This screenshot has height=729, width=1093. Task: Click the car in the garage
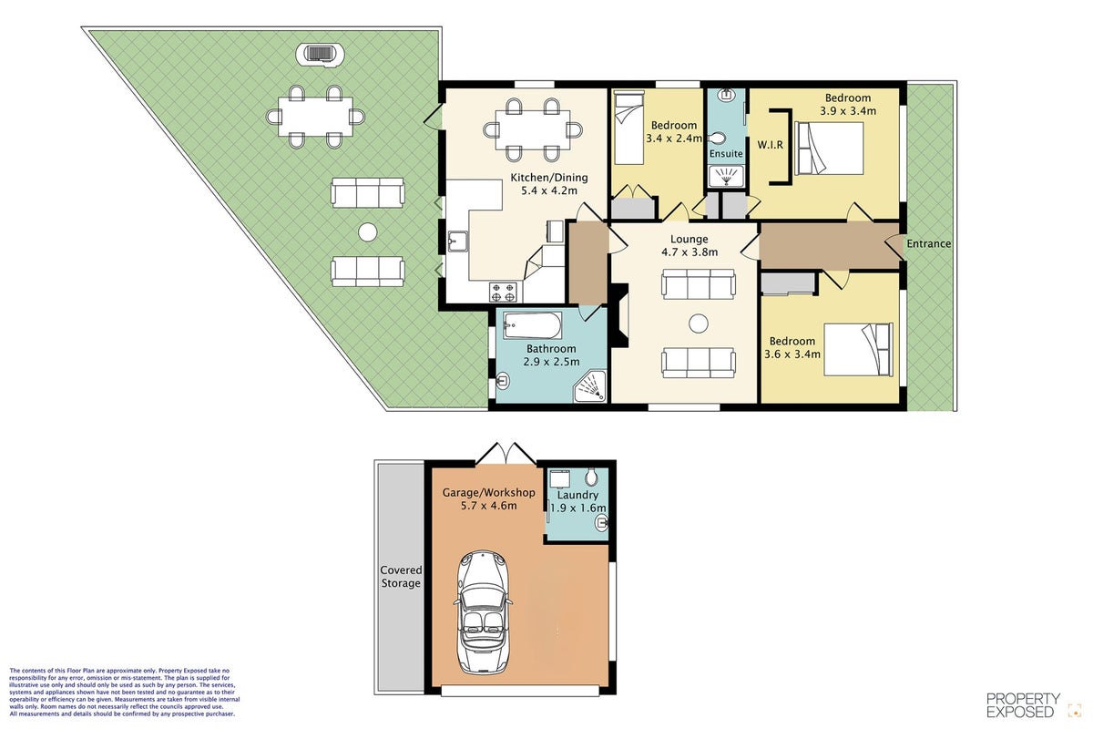coord(484,612)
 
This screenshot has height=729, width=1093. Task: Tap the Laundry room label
coord(577,495)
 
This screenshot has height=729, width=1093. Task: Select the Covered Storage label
coord(401,576)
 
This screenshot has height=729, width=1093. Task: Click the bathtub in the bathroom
coord(532,325)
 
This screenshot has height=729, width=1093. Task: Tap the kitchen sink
coord(457,241)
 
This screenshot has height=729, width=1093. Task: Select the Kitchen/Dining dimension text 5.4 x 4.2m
coord(549,190)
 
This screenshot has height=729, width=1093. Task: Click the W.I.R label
coord(770,145)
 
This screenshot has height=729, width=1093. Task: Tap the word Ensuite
coord(726,154)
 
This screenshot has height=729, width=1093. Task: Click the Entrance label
coord(928,243)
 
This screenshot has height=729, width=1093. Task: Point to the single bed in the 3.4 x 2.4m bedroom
coord(629,128)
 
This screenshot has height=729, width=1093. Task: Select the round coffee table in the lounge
coord(699,323)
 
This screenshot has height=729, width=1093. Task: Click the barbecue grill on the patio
coord(320,53)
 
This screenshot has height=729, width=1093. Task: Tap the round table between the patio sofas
coord(367,232)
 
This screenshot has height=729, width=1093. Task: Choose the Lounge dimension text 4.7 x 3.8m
coord(690,252)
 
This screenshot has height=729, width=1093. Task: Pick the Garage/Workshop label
coord(488,493)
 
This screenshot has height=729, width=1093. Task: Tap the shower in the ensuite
coord(727,176)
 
